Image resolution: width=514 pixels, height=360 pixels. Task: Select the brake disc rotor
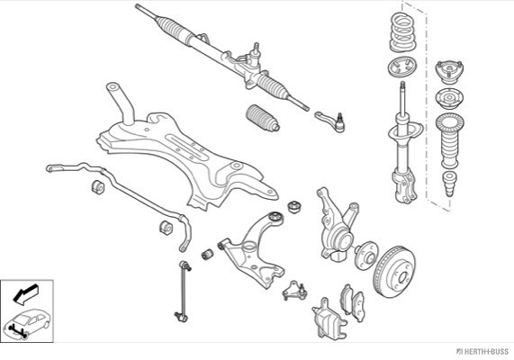pos(394,272)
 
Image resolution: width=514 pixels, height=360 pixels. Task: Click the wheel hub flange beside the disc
pos(366,256)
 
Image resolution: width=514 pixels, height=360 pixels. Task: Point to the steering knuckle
pos(336,226)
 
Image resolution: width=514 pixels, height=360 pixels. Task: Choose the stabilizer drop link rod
pos(184,291)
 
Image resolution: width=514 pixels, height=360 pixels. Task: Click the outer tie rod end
pos(330,121)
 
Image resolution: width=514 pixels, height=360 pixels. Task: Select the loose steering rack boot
pos(262,119)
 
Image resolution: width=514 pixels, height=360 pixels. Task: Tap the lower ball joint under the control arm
pos(294,291)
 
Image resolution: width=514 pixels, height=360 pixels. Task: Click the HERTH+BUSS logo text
pos(482,352)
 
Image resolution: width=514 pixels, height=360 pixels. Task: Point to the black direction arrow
pos(25,293)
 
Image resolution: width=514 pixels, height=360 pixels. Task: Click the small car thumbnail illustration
pos(28,323)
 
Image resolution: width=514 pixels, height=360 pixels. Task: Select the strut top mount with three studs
pos(449,71)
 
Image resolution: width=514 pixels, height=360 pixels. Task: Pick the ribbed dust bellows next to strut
pos(450,140)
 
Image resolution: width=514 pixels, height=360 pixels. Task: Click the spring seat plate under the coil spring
pos(402,67)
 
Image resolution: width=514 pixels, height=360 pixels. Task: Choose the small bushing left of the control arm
pos(208,255)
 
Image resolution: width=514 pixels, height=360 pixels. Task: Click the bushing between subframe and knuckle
pos(294,207)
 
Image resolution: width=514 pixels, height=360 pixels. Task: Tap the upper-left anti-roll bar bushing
pos(98,186)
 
